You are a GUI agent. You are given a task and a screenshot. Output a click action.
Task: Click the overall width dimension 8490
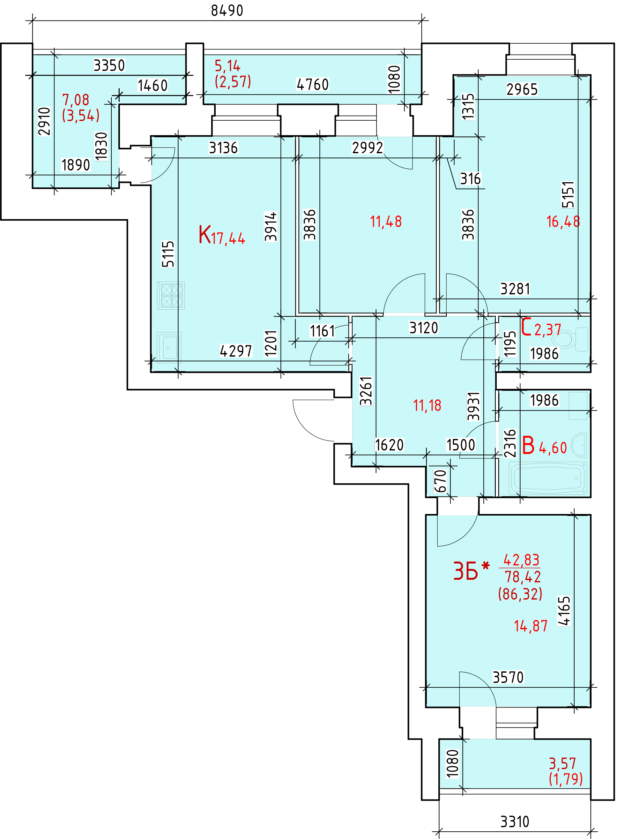click(227, 11)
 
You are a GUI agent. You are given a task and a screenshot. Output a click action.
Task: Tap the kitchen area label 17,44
click(228, 238)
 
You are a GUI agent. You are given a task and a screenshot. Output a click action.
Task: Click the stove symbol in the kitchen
click(171, 296)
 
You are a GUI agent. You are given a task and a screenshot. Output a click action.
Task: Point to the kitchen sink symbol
click(169, 347)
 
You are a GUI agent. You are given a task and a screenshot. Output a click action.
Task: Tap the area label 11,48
click(386, 222)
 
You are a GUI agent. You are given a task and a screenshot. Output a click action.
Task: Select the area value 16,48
click(563, 222)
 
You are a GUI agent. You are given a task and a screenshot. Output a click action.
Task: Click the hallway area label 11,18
click(427, 405)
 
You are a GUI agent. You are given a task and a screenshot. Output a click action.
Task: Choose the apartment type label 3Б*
click(471, 571)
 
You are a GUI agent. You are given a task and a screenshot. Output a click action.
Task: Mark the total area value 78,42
click(523, 577)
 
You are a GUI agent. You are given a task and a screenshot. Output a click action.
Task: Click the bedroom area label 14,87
click(531, 626)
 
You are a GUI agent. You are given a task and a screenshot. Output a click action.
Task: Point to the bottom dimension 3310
click(515, 822)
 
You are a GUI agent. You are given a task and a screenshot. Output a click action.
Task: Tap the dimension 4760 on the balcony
click(312, 84)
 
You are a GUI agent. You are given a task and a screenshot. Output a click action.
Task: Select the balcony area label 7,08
click(75, 100)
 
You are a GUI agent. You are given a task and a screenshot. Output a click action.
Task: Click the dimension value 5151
click(568, 194)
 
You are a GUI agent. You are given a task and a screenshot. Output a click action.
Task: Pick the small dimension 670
click(440, 481)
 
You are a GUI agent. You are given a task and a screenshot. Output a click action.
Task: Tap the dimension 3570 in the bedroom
click(508, 677)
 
